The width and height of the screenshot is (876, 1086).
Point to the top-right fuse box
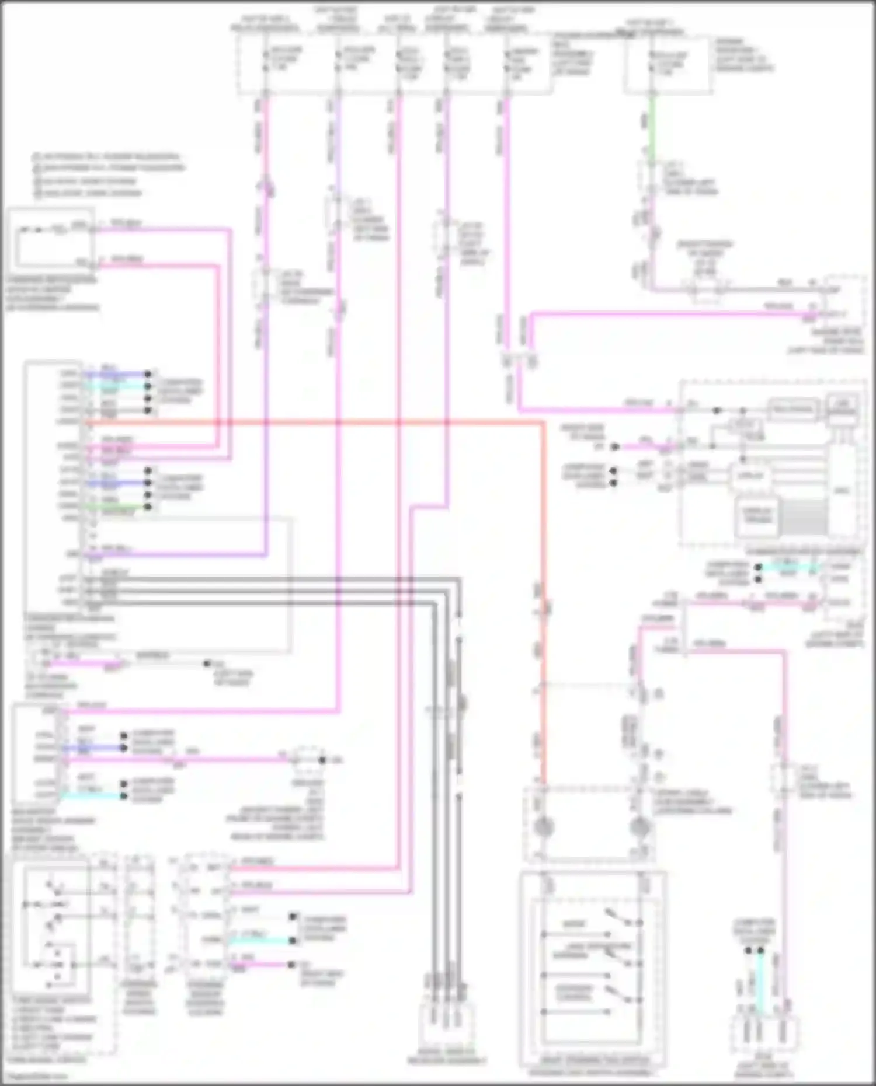tap(668, 64)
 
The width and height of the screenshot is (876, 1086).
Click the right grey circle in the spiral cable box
tap(641, 825)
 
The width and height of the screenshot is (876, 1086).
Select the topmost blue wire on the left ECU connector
tap(117, 373)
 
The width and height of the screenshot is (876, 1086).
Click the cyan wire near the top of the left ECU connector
tap(117, 386)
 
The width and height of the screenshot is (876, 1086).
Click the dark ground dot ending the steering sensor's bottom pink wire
tap(291, 965)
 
